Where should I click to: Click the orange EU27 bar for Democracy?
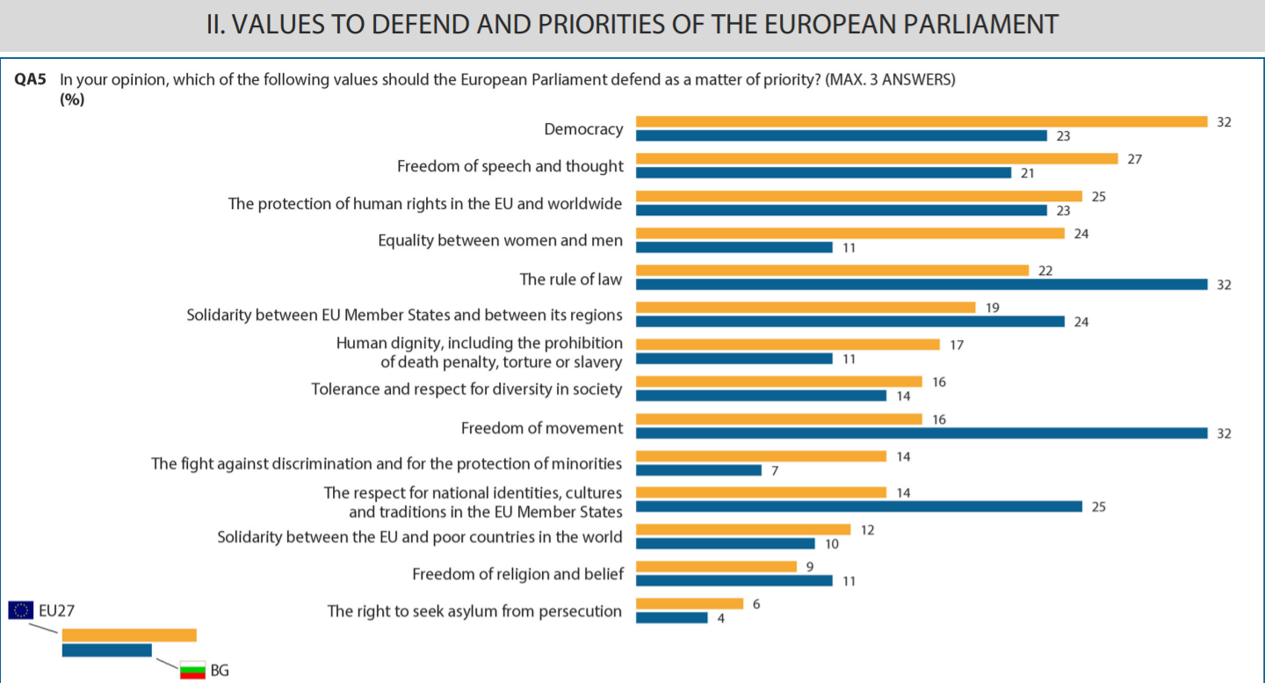[x=922, y=121]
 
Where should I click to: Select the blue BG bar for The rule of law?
[x=922, y=284]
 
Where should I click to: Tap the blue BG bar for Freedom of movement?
[x=922, y=432]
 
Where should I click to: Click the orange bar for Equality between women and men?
[x=849, y=233]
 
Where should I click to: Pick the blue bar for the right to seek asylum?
[x=671, y=618]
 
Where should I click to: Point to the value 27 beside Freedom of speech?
[x=1135, y=159]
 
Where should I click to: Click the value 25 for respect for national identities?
[x=1099, y=507]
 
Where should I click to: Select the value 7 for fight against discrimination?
[x=776, y=470]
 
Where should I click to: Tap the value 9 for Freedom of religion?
[x=810, y=566]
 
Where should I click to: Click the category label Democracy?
[x=583, y=129]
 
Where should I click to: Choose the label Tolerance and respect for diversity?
[x=466, y=389]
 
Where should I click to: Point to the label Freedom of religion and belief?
[x=517, y=574]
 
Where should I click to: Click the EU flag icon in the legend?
[x=21, y=610]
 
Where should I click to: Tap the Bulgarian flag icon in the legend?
[x=192, y=670]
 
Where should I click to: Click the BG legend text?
[x=220, y=671]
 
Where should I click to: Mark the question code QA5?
[x=30, y=80]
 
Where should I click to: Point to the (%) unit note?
[x=72, y=98]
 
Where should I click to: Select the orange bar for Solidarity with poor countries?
[x=743, y=529]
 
